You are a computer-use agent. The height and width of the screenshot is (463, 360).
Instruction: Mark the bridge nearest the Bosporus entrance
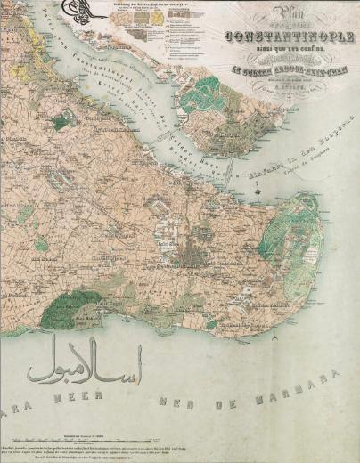click(229, 167)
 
